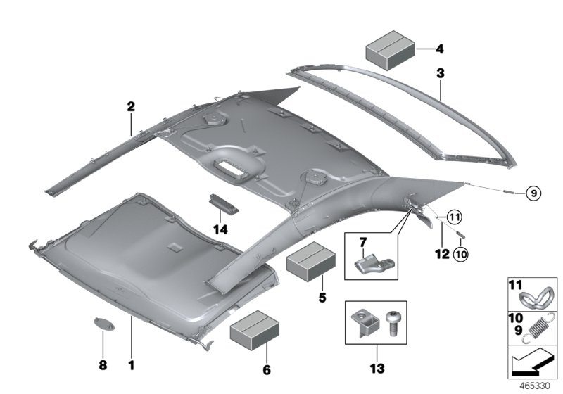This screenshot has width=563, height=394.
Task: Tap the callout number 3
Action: coord(439,72)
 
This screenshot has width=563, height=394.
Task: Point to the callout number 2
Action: coord(131,107)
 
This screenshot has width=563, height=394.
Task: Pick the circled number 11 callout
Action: coord(453,216)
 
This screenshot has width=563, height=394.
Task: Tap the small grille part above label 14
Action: coord(223,204)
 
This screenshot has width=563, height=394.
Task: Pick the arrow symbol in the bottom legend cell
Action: coord(533,364)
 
